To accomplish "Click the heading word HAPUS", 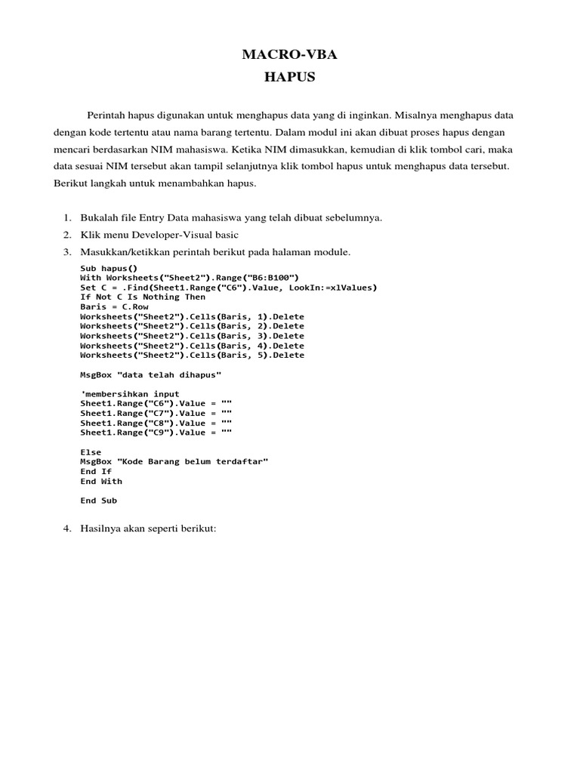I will (x=290, y=77).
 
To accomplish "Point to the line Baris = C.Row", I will (x=115, y=306).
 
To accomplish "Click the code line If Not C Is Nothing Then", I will (x=143, y=297).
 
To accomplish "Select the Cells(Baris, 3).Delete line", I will (x=193, y=336).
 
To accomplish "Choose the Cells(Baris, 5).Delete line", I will (x=193, y=355).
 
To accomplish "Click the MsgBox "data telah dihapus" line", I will (x=151, y=374).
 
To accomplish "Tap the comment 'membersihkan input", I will (x=130, y=394).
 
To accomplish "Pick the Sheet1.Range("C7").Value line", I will (x=156, y=413).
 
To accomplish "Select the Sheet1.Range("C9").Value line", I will (x=156, y=433).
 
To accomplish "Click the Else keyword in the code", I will (x=91, y=452).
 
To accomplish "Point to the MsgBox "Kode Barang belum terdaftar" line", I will (x=174, y=461).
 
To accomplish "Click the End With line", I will (x=101, y=481).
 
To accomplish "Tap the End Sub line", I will (x=99, y=500).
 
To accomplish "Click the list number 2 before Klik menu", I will (x=66, y=236).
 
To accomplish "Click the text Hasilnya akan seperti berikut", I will (x=149, y=529).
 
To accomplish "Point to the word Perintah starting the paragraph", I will (x=105, y=116).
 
